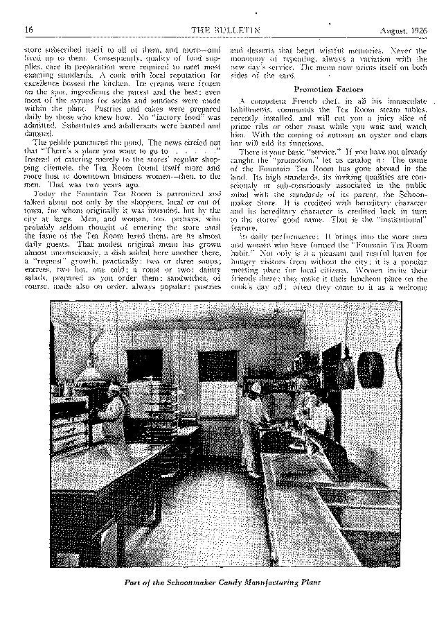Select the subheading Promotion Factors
point(323,89)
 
